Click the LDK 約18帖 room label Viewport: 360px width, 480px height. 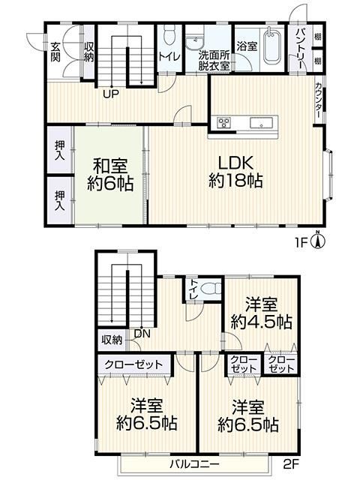235,172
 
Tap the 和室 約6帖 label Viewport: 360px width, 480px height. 110,175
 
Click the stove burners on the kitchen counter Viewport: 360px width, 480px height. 223,122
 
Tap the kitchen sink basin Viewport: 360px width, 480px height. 261,123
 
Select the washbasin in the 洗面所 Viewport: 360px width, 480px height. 195,42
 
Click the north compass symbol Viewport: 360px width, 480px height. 318,241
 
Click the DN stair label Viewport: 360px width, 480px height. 142,333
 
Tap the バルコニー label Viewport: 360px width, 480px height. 195,464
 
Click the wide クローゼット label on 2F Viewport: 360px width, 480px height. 133,364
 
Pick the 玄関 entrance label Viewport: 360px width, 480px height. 55,52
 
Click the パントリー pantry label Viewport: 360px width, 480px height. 300,49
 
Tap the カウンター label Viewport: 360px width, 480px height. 318,100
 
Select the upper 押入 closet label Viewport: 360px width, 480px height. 60,150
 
